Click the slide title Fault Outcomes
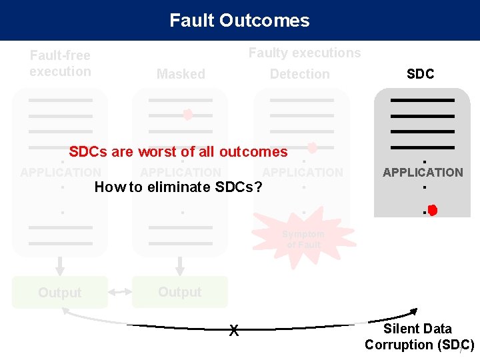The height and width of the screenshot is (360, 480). point(239,21)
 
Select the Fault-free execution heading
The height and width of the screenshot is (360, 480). point(60,63)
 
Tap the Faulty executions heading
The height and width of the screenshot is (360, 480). point(304,53)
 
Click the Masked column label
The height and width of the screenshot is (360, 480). point(181,74)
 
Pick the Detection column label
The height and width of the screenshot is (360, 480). point(299,74)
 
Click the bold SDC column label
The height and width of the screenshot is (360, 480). point(420,74)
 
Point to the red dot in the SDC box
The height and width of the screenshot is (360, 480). point(432,211)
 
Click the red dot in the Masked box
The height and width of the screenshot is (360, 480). point(188,115)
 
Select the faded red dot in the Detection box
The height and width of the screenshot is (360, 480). point(311,147)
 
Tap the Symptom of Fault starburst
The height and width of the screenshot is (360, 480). point(303,239)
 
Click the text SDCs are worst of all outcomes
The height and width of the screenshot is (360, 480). point(178,152)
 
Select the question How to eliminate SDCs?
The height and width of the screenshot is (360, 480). point(178,187)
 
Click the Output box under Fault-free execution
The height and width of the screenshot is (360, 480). point(60,293)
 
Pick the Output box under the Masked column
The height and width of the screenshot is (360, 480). point(180,292)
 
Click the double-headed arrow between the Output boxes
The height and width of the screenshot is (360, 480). point(120,293)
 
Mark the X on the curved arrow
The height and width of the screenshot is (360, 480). point(233,329)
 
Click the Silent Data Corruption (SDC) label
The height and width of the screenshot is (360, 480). point(419,337)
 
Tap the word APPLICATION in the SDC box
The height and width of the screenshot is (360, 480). point(423,172)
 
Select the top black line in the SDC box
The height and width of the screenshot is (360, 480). point(423,100)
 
